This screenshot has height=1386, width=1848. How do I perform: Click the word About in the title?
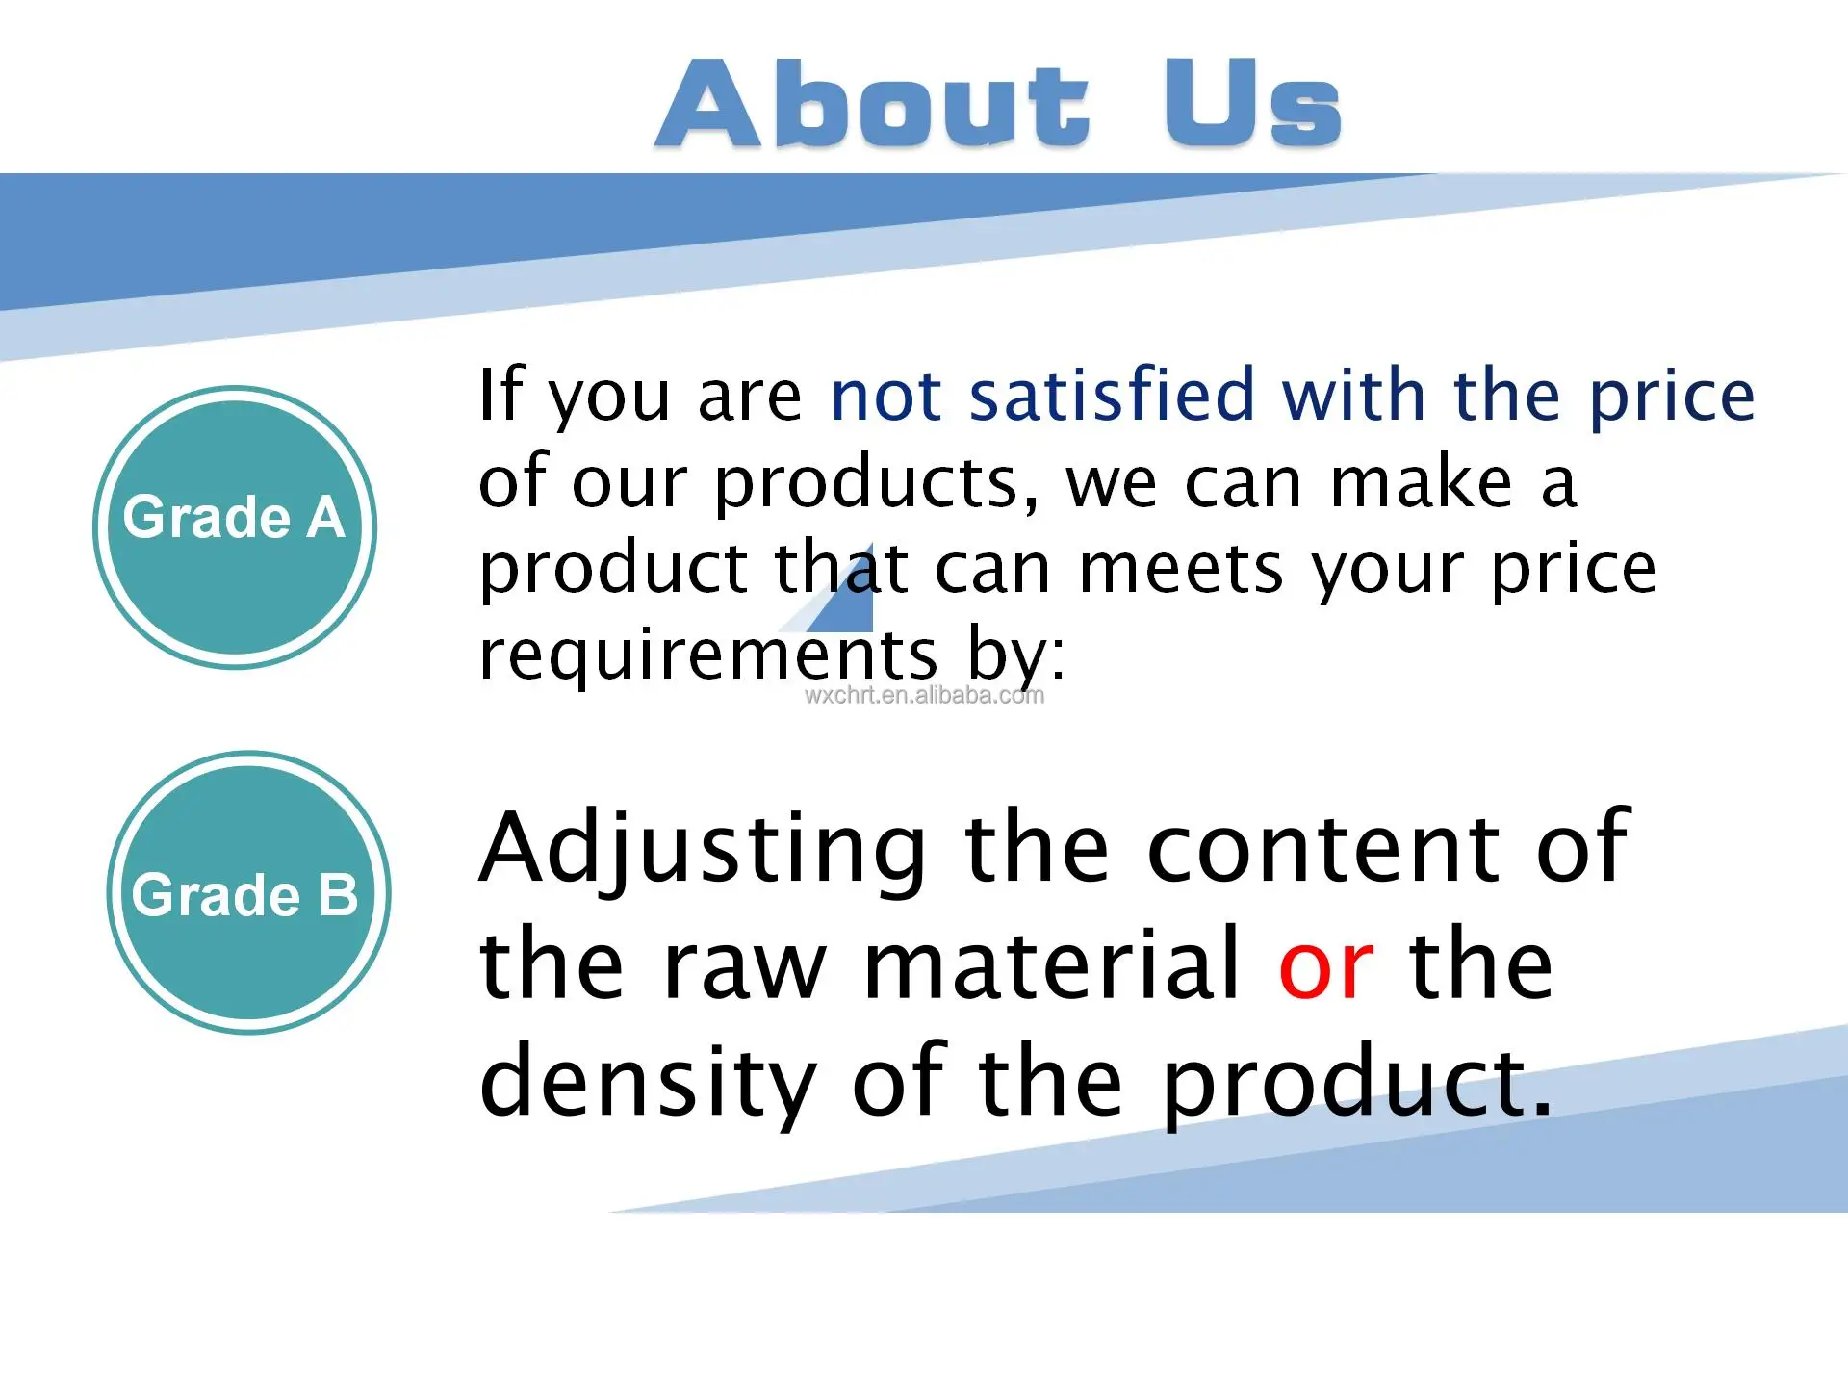click(x=872, y=104)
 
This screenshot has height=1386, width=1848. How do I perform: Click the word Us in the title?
click(x=1252, y=104)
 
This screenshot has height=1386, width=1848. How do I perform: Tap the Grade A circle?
click(x=235, y=527)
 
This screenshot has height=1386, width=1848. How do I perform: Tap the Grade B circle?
click(x=249, y=892)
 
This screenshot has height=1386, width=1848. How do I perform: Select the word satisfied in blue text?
click(x=1112, y=395)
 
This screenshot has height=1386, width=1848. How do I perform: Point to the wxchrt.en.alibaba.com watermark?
click(x=924, y=696)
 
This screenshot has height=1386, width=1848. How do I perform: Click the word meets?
click(x=1182, y=570)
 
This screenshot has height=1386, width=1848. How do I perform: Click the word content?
click(x=1324, y=850)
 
